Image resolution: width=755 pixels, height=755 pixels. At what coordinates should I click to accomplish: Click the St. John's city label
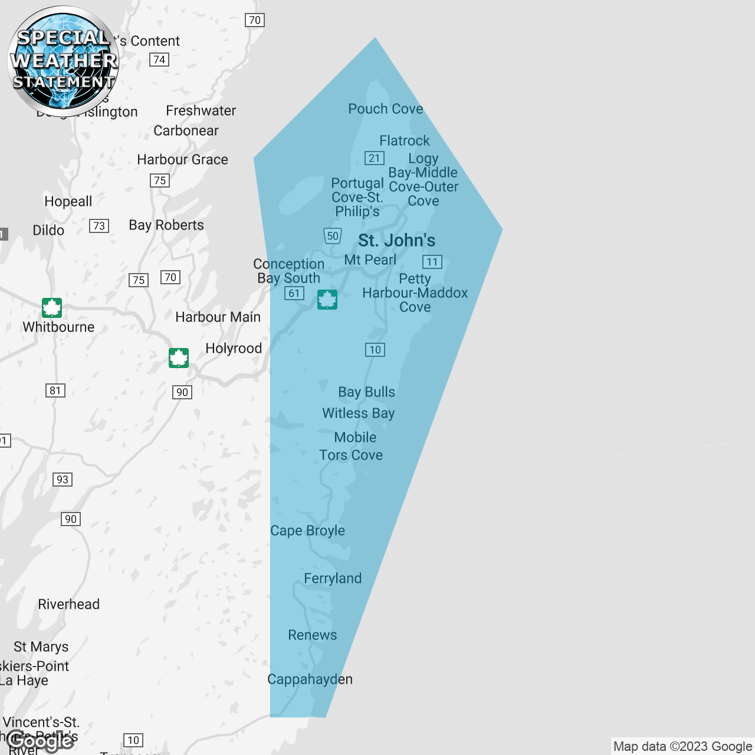tap(396, 241)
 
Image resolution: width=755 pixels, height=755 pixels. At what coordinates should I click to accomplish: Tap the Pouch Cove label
tap(385, 109)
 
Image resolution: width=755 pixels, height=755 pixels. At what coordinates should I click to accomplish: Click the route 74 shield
tap(159, 60)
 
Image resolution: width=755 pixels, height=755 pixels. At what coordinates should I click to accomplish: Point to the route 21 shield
tap(375, 158)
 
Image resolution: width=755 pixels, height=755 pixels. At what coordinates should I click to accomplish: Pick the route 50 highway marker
tap(333, 236)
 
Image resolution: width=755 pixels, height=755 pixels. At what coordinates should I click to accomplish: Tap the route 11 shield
tap(432, 262)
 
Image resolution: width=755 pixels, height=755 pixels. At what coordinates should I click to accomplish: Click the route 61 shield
tap(294, 293)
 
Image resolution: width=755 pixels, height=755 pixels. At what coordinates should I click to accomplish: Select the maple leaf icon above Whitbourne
tap(52, 308)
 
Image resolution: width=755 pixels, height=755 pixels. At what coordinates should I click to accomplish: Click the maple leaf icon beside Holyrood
tap(179, 357)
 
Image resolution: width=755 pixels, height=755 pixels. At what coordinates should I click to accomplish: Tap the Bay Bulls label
tap(366, 392)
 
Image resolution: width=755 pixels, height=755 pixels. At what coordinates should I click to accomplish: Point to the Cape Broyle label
tap(307, 531)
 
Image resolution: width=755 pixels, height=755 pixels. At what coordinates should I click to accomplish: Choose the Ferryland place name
tap(333, 579)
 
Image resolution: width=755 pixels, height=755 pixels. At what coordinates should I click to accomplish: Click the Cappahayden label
tap(310, 679)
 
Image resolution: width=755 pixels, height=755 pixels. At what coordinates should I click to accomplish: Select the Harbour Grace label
tap(182, 160)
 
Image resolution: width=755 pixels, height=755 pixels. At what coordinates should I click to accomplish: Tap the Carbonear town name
tap(186, 131)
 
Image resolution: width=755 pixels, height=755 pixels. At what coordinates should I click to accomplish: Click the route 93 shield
tap(63, 480)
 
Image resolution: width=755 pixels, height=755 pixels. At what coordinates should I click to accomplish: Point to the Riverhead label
tap(68, 605)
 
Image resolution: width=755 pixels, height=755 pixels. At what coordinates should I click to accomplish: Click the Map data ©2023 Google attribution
tap(682, 747)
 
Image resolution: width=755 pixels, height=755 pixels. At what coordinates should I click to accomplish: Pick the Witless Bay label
tap(358, 413)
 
